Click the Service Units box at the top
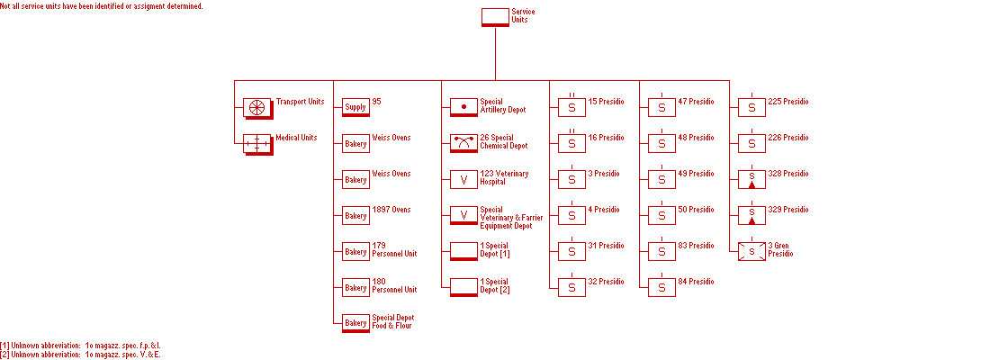(x=495, y=17)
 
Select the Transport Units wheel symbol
(x=257, y=108)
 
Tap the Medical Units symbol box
(x=257, y=144)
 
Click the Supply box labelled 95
(x=355, y=108)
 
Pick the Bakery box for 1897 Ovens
(x=355, y=216)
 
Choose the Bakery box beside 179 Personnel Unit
(x=355, y=252)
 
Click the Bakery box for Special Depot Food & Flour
(x=355, y=323)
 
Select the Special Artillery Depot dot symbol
(x=463, y=108)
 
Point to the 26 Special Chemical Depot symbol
(x=463, y=143)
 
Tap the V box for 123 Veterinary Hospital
(x=463, y=180)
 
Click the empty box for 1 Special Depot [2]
(x=463, y=287)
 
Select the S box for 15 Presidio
(x=571, y=108)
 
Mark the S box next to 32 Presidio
(x=571, y=288)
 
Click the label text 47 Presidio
(x=696, y=102)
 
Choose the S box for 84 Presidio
(x=661, y=288)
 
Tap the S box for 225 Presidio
(x=751, y=108)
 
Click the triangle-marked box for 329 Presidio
(x=751, y=216)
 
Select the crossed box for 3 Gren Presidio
(x=751, y=252)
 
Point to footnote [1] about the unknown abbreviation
(x=81, y=345)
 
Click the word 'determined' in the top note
(x=184, y=6)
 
